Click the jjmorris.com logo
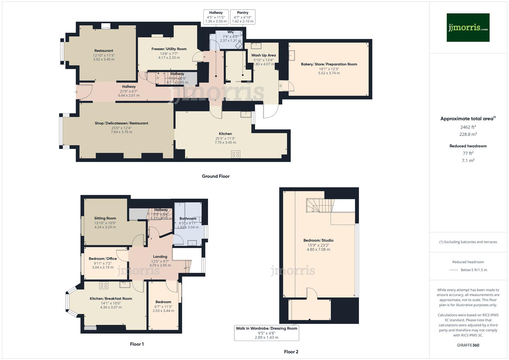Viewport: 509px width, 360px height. pos(468,28)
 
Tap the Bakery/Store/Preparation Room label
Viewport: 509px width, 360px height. pos(329,64)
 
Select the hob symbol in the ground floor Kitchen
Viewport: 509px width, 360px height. pos(236,154)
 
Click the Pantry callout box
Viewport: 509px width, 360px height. pos(243,17)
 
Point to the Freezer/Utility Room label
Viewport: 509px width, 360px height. pos(169,49)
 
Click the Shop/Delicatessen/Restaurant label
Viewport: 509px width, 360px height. pos(121,123)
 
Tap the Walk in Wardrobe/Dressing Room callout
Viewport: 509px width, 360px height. pos(267,333)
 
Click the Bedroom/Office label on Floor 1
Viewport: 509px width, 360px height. pos(103,259)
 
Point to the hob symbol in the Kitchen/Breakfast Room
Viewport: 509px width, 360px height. pos(104,285)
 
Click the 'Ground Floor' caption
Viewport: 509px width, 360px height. pos(216,176)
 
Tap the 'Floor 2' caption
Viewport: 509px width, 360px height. pos(291,352)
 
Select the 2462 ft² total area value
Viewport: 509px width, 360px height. pos(468,127)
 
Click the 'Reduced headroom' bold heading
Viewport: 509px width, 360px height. pos(468,146)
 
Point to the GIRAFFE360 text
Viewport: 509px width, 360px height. pos(468,345)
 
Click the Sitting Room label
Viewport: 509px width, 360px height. pos(105,218)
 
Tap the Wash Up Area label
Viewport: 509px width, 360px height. pos(263,55)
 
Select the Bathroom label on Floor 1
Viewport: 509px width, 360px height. pos(188,219)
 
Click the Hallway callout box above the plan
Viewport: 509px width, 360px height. pos(216,17)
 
